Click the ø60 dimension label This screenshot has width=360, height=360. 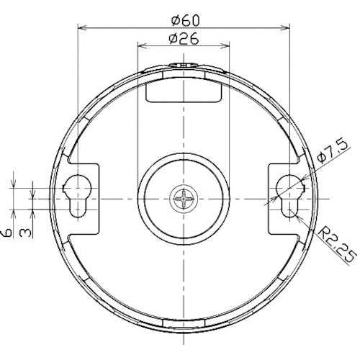185,21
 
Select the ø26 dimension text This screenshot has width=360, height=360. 184,39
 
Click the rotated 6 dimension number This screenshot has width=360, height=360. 7,233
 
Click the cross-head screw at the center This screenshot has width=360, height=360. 184,199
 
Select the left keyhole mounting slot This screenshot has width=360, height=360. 77,196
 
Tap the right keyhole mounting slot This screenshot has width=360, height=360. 290,196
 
